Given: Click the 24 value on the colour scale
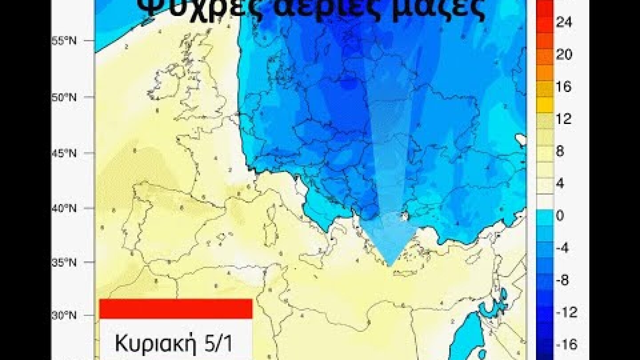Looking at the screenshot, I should coord(564,23).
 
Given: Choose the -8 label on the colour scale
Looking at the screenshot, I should coord(562,280).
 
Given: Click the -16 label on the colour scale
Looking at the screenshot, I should coord(566,344).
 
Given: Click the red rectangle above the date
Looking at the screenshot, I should coord(176,308).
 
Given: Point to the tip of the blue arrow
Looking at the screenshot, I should coord(390,266).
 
